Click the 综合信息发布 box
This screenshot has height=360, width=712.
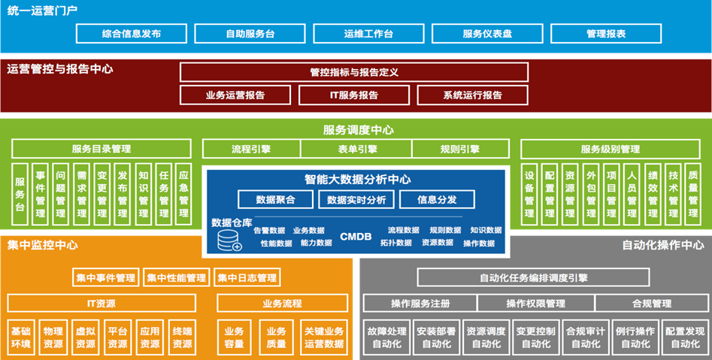point(131,34)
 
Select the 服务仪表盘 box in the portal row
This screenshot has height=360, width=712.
point(486,34)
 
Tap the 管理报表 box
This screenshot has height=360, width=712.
point(606,34)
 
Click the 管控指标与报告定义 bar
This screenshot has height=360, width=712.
point(353,72)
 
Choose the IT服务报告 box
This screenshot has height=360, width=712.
point(354,95)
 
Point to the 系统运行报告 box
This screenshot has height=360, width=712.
point(473,95)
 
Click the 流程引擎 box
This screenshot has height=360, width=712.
point(251,149)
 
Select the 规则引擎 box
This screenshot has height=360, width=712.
point(459,149)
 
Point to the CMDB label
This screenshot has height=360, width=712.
point(356,237)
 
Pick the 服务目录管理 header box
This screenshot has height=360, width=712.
point(101,149)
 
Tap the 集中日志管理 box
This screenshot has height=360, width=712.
point(247,278)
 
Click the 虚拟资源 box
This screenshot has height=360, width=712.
point(85,337)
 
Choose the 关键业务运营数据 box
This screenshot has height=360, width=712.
point(324,337)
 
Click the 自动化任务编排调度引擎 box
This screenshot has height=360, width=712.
point(533,278)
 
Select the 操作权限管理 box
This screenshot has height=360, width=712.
point(535,304)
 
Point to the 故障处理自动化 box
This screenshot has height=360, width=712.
point(386,337)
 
